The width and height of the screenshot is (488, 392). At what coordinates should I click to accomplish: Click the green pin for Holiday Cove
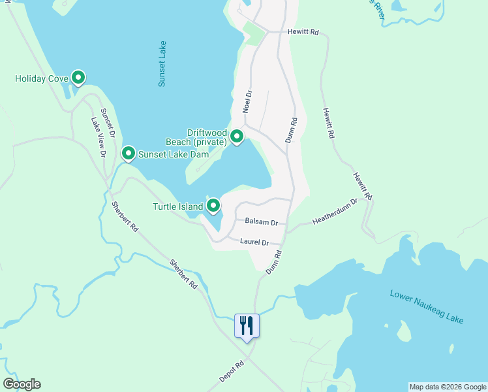click(x=78, y=78)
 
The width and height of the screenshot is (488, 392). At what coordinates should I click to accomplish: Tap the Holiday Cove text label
click(x=42, y=79)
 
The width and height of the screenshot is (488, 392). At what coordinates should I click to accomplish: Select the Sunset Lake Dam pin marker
click(x=129, y=154)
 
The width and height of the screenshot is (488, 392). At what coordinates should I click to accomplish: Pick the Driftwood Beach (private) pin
click(x=236, y=136)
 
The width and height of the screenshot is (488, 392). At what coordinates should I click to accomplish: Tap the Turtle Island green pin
click(x=213, y=206)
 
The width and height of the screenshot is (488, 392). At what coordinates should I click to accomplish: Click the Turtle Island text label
click(x=178, y=206)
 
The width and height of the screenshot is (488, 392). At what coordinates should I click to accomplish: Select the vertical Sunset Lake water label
click(x=162, y=64)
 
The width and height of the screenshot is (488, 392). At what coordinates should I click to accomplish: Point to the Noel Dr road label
click(x=247, y=101)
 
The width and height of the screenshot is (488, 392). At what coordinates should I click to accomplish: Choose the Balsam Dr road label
click(x=261, y=222)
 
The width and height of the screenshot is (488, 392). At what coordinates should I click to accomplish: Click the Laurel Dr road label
click(x=254, y=242)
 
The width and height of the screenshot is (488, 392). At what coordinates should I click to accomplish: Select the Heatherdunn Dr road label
click(x=335, y=212)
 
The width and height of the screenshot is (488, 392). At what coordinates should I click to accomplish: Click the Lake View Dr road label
click(x=98, y=137)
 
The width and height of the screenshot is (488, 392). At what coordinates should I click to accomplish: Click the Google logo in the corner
click(x=22, y=384)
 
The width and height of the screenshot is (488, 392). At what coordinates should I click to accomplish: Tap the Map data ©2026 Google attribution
click(x=448, y=387)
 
